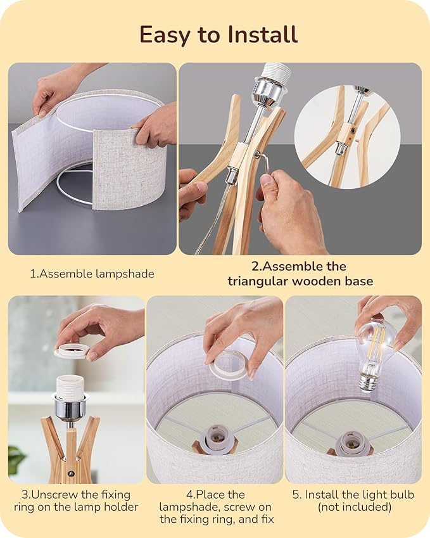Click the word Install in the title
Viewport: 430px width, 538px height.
(x=262, y=34)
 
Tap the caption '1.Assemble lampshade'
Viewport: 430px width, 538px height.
(x=92, y=274)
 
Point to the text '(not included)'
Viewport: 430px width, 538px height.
(x=355, y=507)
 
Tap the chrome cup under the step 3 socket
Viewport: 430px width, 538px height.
(x=70, y=407)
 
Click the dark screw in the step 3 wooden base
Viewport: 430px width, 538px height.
(x=72, y=473)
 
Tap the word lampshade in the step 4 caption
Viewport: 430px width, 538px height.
(x=188, y=507)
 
